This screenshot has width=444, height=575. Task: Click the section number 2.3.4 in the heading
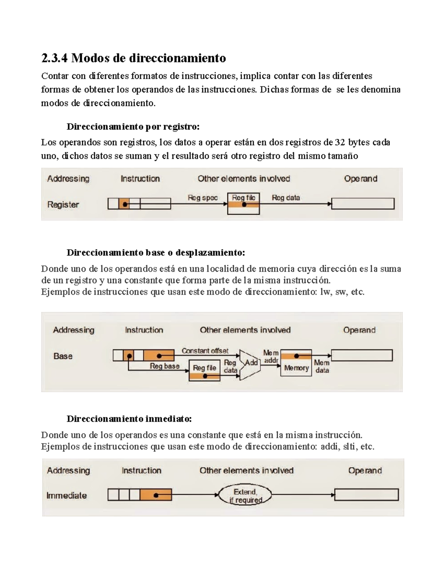point(54,58)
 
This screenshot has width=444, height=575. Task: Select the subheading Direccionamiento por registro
point(133,127)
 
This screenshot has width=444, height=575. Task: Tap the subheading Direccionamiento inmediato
point(129,419)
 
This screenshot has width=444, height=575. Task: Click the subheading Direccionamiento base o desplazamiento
point(155,253)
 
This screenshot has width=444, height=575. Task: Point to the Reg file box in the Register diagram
point(243,203)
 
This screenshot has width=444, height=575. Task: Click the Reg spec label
point(202,198)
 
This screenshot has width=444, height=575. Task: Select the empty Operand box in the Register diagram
point(363,204)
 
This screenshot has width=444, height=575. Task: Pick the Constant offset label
point(205,351)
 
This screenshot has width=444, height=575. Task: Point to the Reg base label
point(164,366)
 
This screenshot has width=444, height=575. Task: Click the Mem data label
point(322,367)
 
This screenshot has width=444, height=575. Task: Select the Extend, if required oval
point(245,495)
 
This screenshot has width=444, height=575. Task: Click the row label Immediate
point(67,495)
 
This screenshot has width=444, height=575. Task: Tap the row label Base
point(63,356)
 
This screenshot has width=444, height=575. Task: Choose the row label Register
point(63,204)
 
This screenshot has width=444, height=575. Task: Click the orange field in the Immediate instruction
point(156,495)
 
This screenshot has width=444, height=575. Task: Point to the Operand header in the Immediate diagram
point(365,471)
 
